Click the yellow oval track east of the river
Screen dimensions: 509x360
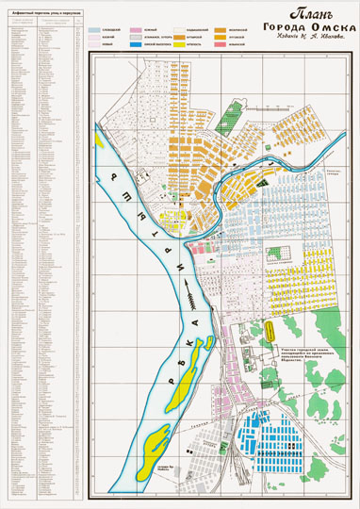[x=270, y=333]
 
